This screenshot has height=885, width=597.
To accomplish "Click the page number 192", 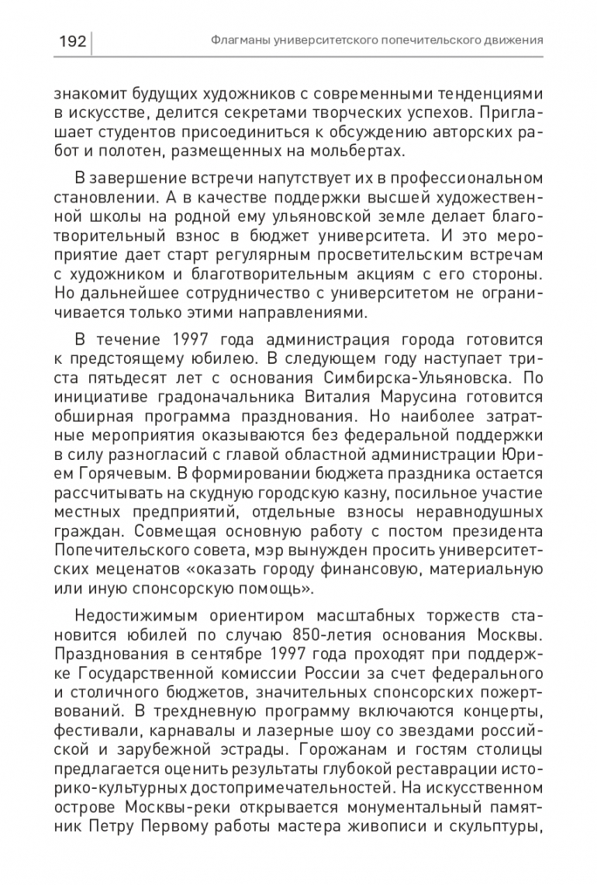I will (x=72, y=40).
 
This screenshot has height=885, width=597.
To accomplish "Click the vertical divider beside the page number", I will (x=93, y=40).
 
